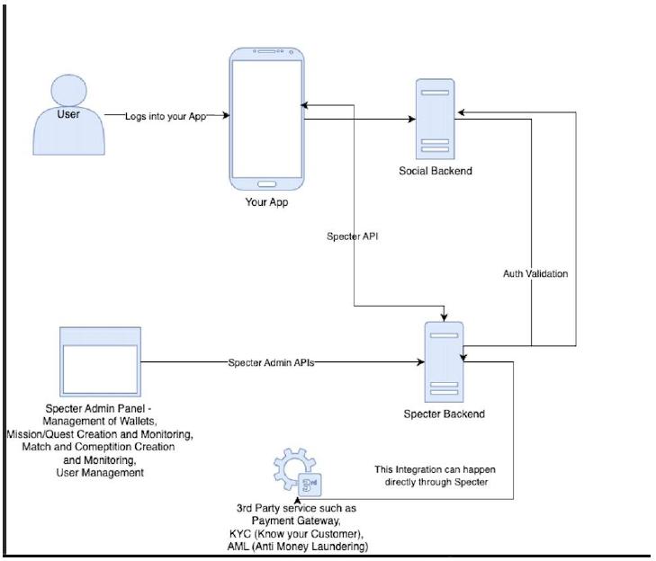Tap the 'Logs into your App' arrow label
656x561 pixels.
(166, 116)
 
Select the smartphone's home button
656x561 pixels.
(267, 184)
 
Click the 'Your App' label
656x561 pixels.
(266, 202)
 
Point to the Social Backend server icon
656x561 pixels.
(436, 120)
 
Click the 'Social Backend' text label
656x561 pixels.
(436, 171)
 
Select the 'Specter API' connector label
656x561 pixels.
(352, 236)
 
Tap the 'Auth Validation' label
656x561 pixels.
(535, 274)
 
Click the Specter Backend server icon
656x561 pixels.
(444, 362)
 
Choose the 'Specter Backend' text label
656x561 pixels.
(444, 414)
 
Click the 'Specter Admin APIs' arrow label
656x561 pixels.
(271, 362)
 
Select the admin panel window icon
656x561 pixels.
(101, 362)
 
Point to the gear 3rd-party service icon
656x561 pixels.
(298, 472)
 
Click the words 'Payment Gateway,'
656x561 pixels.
(296, 521)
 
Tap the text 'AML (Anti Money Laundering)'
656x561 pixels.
(298, 547)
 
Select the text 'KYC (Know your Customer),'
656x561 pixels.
(296, 534)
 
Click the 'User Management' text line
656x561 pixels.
(100, 473)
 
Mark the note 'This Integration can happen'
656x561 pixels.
(436, 469)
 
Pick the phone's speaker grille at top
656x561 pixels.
(266, 51)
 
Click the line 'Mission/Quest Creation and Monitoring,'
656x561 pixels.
(100, 434)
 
